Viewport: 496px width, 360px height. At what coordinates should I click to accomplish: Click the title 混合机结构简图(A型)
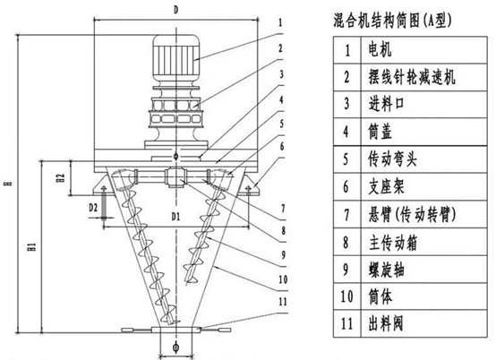tap(392, 21)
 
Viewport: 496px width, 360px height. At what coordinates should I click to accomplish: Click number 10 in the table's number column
tap(346, 296)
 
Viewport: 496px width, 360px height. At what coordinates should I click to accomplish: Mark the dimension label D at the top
tap(175, 10)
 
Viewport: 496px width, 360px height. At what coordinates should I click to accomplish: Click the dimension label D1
tap(175, 217)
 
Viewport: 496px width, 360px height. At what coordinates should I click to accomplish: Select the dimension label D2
tap(93, 208)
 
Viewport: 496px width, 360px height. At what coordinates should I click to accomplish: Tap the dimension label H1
tap(31, 247)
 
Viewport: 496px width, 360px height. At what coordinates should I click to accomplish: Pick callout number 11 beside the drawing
tap(283, 302)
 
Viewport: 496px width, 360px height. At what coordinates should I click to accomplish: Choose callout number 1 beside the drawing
tap(280, 22)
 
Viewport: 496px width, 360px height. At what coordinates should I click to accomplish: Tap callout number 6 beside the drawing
tap(282, 146)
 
